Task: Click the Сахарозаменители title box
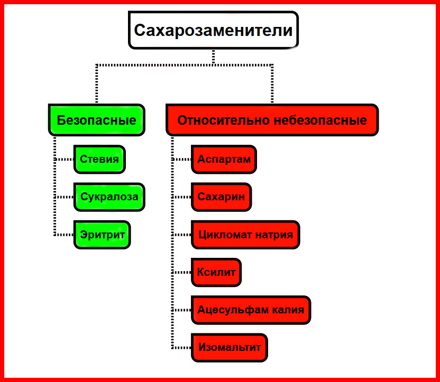(x=213, y=30)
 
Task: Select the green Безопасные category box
(x=96, y=120)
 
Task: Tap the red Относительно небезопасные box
(x=272, y=120)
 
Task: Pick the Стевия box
(x=99, y=159)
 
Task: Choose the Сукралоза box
(x=109, y=197)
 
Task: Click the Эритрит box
(x=102, y=234)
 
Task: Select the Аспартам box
(x=224, y=159)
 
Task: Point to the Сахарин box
(x=221, y=197)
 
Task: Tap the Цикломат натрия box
(x=245, y=234)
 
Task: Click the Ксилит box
(x=216, y=272)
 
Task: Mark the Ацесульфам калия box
(x=251, y=310)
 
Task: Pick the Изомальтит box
(x=230, y=348)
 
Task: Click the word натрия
(x=275, y=234)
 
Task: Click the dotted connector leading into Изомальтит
(x=182, y=348)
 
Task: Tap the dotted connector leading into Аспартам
(x=182, y=159)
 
